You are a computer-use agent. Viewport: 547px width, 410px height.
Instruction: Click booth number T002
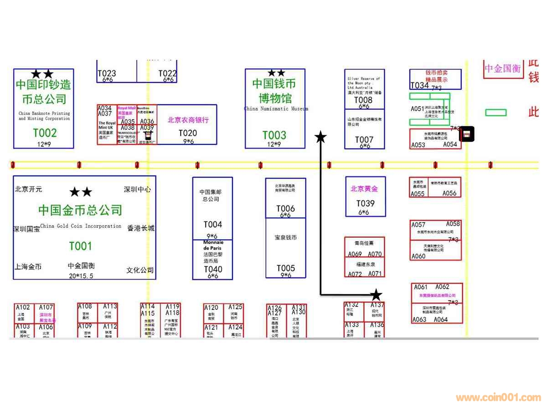(45, 133)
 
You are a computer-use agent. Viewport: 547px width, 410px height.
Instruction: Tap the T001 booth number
(80, 246)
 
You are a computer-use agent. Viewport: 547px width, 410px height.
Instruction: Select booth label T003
(274, 135)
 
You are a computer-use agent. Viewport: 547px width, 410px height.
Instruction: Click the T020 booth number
(188, 133)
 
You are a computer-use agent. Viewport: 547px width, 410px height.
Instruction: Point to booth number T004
(212, 225)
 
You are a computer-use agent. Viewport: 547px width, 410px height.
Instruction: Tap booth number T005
(286, 268)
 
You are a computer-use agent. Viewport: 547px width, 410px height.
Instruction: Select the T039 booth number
(365, 204)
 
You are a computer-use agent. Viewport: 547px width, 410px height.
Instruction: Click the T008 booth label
(363, 100)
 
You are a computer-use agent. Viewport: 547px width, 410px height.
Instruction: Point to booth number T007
(364, 139)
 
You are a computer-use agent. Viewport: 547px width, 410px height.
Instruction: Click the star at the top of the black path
(320, 137)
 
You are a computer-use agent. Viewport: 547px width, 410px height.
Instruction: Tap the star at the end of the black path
(376, 295)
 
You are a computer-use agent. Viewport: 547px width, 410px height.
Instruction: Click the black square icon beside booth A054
(467, 134)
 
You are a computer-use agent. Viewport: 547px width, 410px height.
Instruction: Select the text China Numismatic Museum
(276, 109)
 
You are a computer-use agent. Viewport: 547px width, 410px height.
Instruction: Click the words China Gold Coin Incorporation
(81, 226)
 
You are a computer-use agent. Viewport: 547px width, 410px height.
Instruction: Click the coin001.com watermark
(498, 398)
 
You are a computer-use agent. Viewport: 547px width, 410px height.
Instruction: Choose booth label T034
(419, 86)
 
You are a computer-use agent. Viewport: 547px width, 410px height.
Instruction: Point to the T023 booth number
(107, 73)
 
